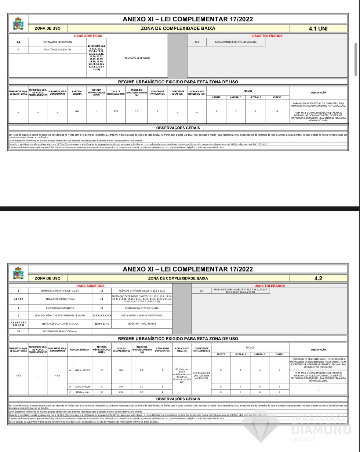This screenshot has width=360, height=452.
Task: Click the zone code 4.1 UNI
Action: (318, 28)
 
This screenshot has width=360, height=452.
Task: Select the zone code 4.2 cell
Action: (318, 278)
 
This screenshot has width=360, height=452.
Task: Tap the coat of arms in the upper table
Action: (18, 24)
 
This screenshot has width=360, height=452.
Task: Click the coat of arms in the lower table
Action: (18, 273)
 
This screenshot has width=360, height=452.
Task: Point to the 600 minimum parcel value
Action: (77, 111)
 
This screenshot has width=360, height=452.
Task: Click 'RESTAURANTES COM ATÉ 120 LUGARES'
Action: (236, 42)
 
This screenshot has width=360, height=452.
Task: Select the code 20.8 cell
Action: (197, 42)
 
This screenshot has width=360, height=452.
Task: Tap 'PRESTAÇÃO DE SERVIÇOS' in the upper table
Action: (137, 58)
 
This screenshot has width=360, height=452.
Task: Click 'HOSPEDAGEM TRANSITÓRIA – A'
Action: (60, 331)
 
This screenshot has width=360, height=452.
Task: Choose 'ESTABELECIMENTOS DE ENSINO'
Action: (142, 308)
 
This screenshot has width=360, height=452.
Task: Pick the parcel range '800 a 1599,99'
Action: (82, 370)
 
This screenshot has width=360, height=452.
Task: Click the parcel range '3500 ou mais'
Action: (82, 392)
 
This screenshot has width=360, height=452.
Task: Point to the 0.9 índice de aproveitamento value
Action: (142, 392)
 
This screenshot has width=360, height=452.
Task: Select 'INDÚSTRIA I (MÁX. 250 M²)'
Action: (142, 323)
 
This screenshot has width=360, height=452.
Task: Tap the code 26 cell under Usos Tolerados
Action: (201, 291)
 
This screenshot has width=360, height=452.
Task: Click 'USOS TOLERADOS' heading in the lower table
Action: (269, 286)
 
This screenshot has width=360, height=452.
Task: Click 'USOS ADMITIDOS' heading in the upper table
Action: (88, 36)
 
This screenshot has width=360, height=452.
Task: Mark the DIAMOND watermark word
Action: (321, 429)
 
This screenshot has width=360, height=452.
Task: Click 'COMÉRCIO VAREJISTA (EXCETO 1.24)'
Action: (60, 291)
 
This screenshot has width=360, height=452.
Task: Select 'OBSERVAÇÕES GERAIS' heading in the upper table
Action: (178, 128)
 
